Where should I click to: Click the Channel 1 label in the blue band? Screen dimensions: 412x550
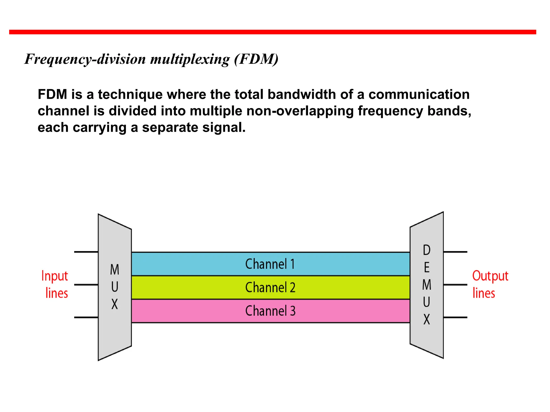point(270,264)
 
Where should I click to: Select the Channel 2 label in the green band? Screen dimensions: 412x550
point(270,287)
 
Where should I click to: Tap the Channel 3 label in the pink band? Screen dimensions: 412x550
point(270,311)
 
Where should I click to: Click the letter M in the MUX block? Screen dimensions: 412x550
point(115,270)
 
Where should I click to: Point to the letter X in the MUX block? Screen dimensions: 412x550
point(115,304)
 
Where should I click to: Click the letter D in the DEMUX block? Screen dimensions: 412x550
point(426,250)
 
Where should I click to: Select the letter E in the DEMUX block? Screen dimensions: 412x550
point(426,267)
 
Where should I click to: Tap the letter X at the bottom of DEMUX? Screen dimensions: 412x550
point(426,319)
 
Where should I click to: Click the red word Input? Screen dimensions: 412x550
point(55,276)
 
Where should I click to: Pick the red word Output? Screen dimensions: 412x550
point(490,276)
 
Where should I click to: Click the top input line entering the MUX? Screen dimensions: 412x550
point(86,252)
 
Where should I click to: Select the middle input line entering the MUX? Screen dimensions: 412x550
point(86,285)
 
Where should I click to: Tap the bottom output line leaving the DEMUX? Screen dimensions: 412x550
point(455,317)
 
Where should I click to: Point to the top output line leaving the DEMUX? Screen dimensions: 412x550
point(455,252)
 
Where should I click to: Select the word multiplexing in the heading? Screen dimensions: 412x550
point(190,60)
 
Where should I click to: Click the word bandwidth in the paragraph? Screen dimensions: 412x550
point(302,94)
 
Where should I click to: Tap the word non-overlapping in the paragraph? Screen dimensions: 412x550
point(300,111)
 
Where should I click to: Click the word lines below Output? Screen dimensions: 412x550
point(484,293)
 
